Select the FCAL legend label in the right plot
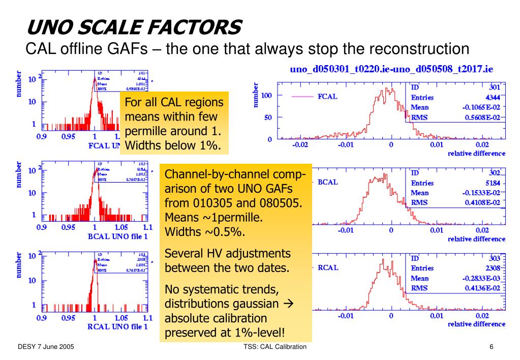coord(327,96)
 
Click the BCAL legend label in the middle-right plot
coord(327,182)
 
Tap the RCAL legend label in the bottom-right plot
coord(328,267)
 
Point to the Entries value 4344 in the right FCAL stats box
coord(492,97)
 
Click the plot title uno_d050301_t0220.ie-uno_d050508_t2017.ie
coord(391,69)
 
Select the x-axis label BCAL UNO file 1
coord(117,236)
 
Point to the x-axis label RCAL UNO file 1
coord(117,326)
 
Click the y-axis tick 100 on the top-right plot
coord(265,95)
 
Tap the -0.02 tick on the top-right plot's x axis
coord(300,145)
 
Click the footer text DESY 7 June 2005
coord(46,347)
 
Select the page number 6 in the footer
coord(492,347)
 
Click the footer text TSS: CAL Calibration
coord(275,347)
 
